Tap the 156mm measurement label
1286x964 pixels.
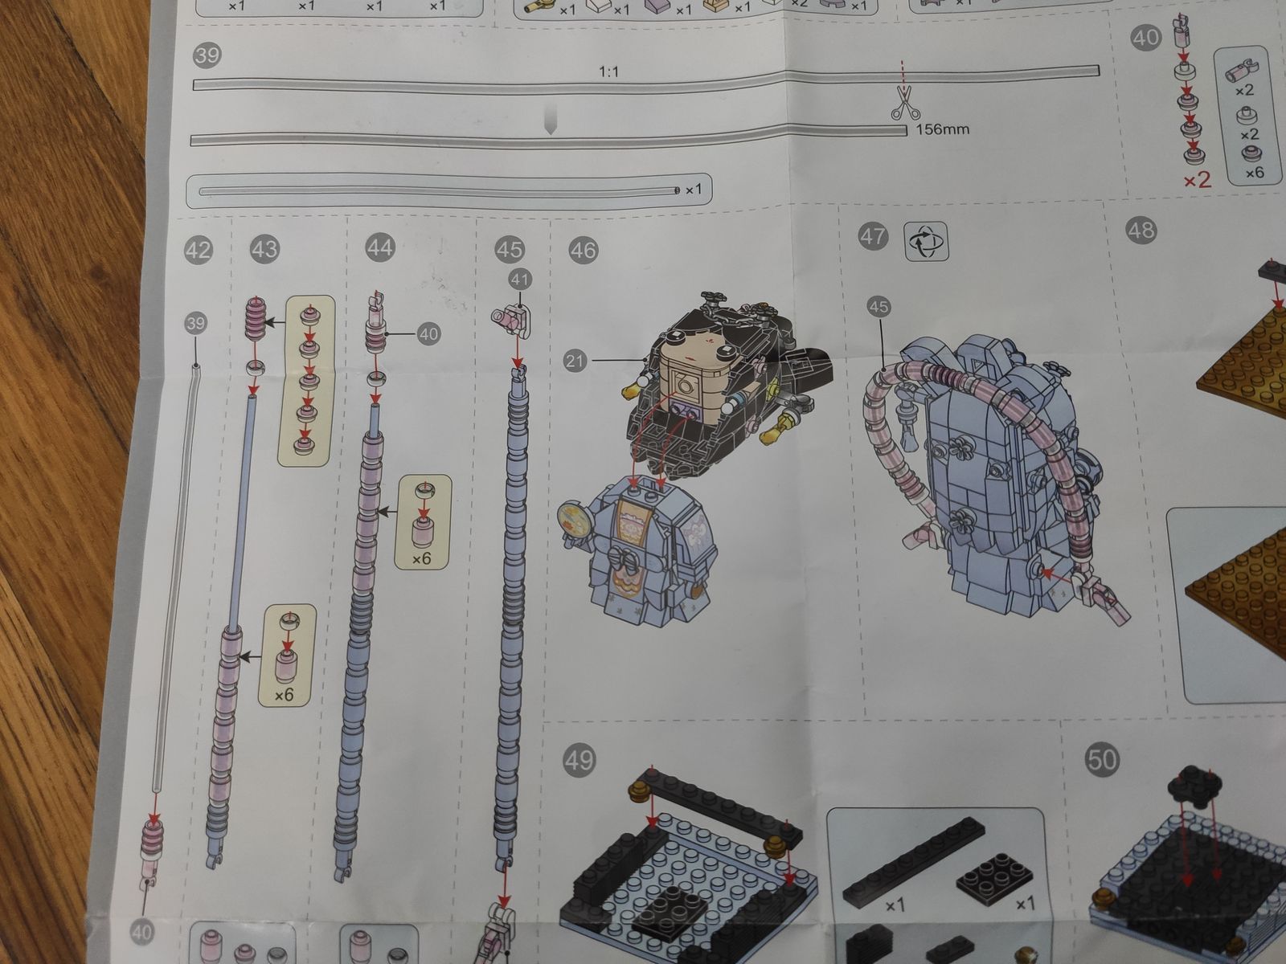pos(942,129)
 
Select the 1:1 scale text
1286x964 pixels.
pos(608,72)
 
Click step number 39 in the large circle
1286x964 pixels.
pos(207,55)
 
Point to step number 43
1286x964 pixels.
pos(264,249)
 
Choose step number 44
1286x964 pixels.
pos(379,247)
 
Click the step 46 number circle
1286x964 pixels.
pos(584,251)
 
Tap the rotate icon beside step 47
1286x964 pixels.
pos(926,241)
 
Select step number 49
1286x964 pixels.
pos(580,761)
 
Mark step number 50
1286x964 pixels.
pos(1101,760)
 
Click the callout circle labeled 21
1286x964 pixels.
pos(575,361)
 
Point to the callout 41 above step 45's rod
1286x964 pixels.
pos(520,280)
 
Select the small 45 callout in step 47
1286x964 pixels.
pos(878,307)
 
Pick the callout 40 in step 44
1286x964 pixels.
pos(429,334)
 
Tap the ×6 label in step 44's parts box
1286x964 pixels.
pos(421,559)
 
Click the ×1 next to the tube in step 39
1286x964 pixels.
pos(693,190)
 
